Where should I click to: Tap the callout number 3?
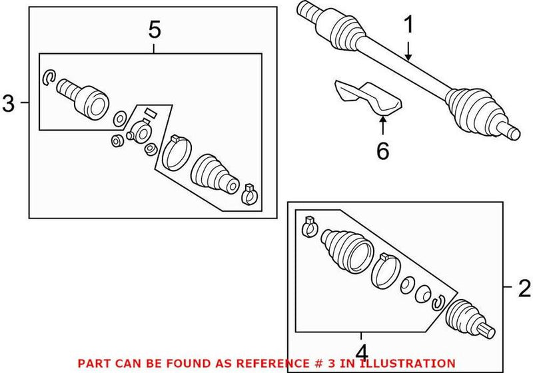click(9, 103)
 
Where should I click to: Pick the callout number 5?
click(154, 29)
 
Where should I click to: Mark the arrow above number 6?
click(382, 127)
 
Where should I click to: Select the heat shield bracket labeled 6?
click(366, 97)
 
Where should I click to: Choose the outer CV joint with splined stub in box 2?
click(470, 318)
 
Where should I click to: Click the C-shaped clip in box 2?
click(438, 303)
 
